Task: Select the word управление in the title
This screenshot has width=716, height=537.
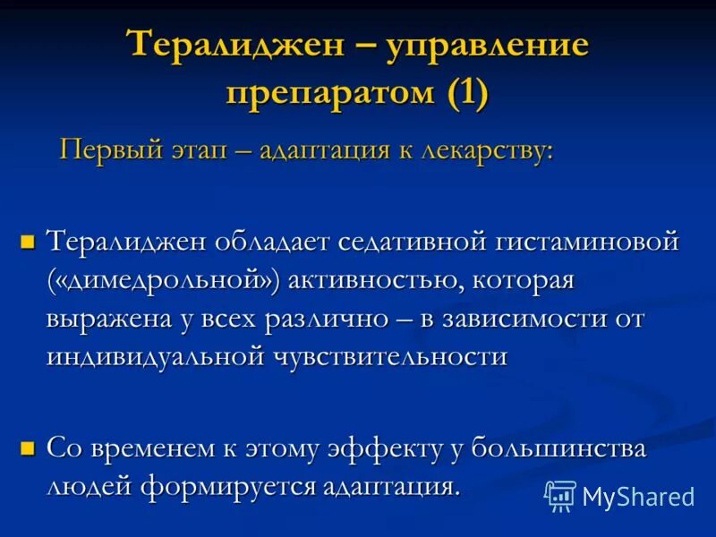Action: click(488, 45)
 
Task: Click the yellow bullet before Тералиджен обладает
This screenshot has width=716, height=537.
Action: click(28, 241)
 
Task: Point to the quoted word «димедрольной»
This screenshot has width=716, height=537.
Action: click(165, 280)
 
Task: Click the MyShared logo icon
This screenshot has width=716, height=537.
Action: click(560, 494)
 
